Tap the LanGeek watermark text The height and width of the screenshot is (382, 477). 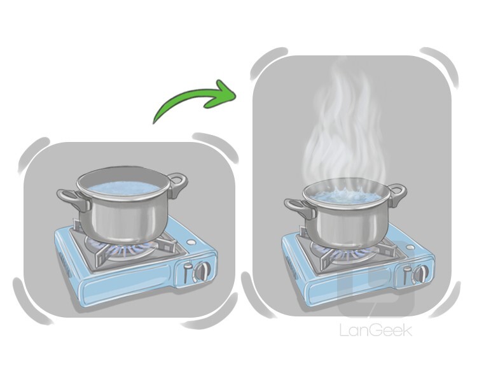(376, 330)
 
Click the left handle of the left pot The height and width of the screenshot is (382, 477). (73, 199)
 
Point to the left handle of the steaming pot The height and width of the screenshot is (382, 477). (300, 206)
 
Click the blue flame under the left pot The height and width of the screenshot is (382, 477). (128, 248)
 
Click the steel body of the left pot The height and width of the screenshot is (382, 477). (121, 218)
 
